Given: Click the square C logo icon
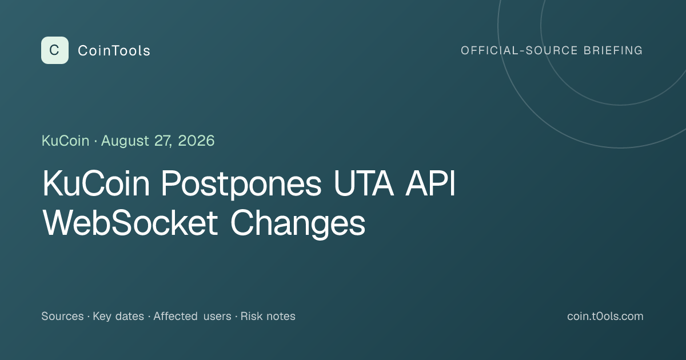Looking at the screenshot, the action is coord(55,50).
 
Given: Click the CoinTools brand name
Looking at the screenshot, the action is coord(114,51).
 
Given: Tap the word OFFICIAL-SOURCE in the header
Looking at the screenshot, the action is coord(519,50).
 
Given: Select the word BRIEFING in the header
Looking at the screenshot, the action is coord(613,50).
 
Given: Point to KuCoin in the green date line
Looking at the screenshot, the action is coord(66,141).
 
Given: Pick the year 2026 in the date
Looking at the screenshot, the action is coord(196,141).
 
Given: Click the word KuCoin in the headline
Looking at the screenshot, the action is coord(96,183).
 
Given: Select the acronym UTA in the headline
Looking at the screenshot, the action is coord(364,183).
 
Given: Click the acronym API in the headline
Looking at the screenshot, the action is coord(430,183).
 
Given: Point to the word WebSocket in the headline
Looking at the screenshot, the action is coord(130,222).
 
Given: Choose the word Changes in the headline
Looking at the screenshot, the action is coord(298,224).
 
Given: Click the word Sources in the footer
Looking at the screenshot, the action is coord(62,316).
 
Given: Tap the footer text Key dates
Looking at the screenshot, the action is coord(118,317).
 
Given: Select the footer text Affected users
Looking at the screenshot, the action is coord(192,316).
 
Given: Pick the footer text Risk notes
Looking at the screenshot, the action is coord(268,316).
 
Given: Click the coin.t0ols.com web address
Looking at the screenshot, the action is coord(605,316).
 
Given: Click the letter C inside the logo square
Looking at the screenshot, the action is coord(54,50).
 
